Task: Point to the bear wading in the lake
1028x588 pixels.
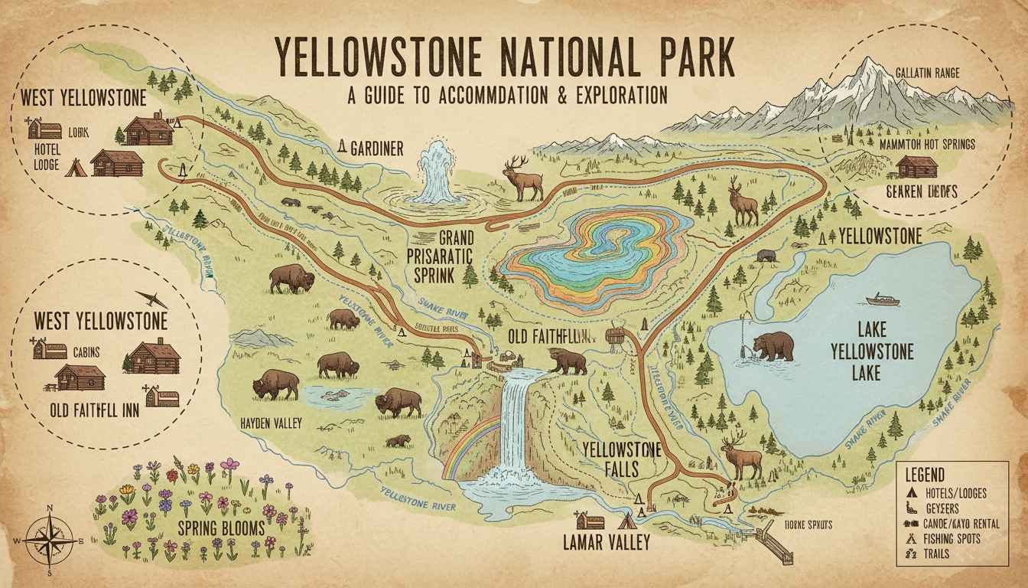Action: tap(773, 346)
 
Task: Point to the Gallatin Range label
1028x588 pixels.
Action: tap(926, 74)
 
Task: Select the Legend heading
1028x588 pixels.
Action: tap(924, 475)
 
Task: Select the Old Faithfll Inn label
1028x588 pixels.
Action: tap(94, 410)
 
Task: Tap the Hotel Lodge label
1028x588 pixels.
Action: tap(47, 155)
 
